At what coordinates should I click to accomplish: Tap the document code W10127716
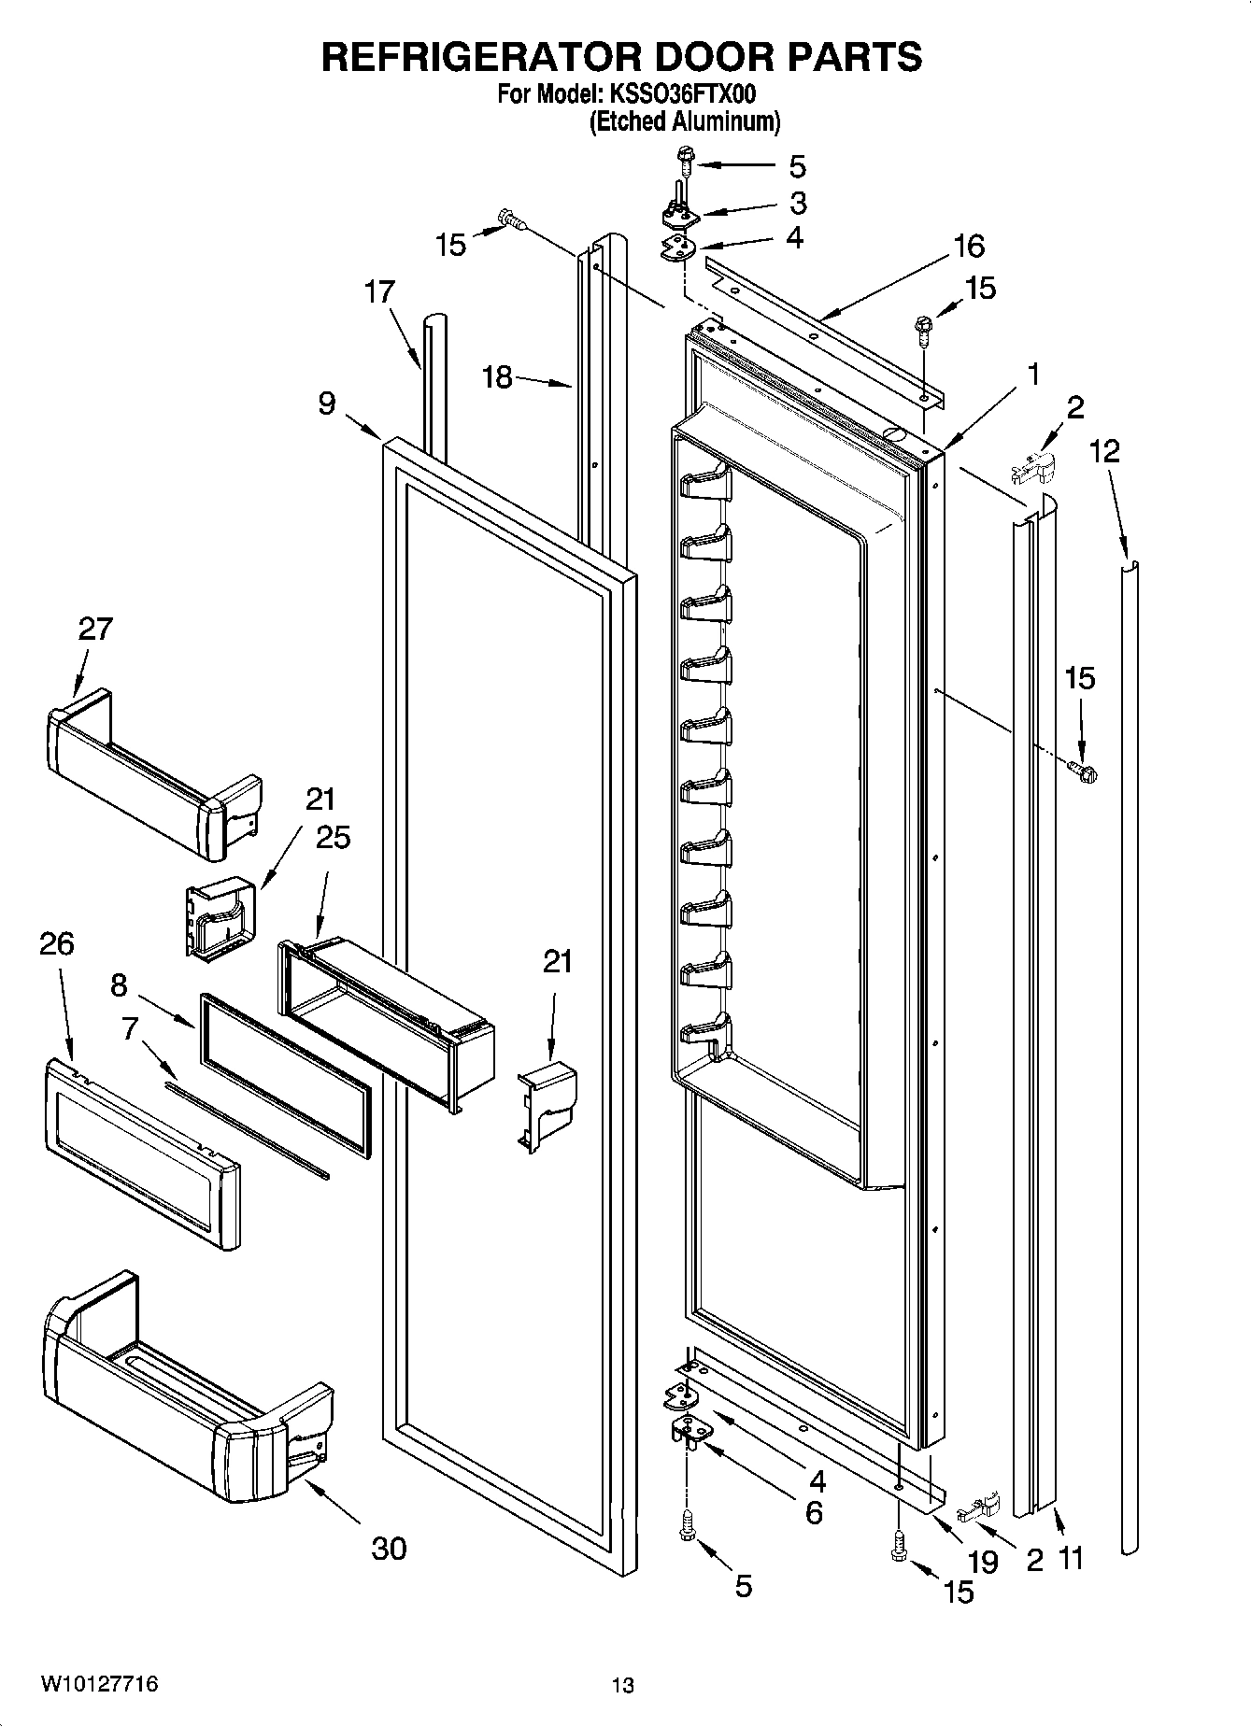click(x=98, y=1685)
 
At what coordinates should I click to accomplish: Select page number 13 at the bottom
click(x=622, y=1686)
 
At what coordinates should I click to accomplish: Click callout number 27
click(x=95, y=629)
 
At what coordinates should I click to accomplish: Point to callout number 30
click(x=389, y=1549)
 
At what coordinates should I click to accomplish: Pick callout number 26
click(x=56, y=944)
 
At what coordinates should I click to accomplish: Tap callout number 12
click(x=1103, y=451)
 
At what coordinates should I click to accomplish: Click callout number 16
click(x=969, y=246)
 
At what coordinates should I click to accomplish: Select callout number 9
click(x=326, y=403)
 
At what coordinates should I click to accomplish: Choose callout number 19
click(x=983, y=1560)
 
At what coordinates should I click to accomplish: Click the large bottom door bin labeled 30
click(x=178, y=1401)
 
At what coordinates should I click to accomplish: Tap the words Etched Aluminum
click(x=684, y=121)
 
